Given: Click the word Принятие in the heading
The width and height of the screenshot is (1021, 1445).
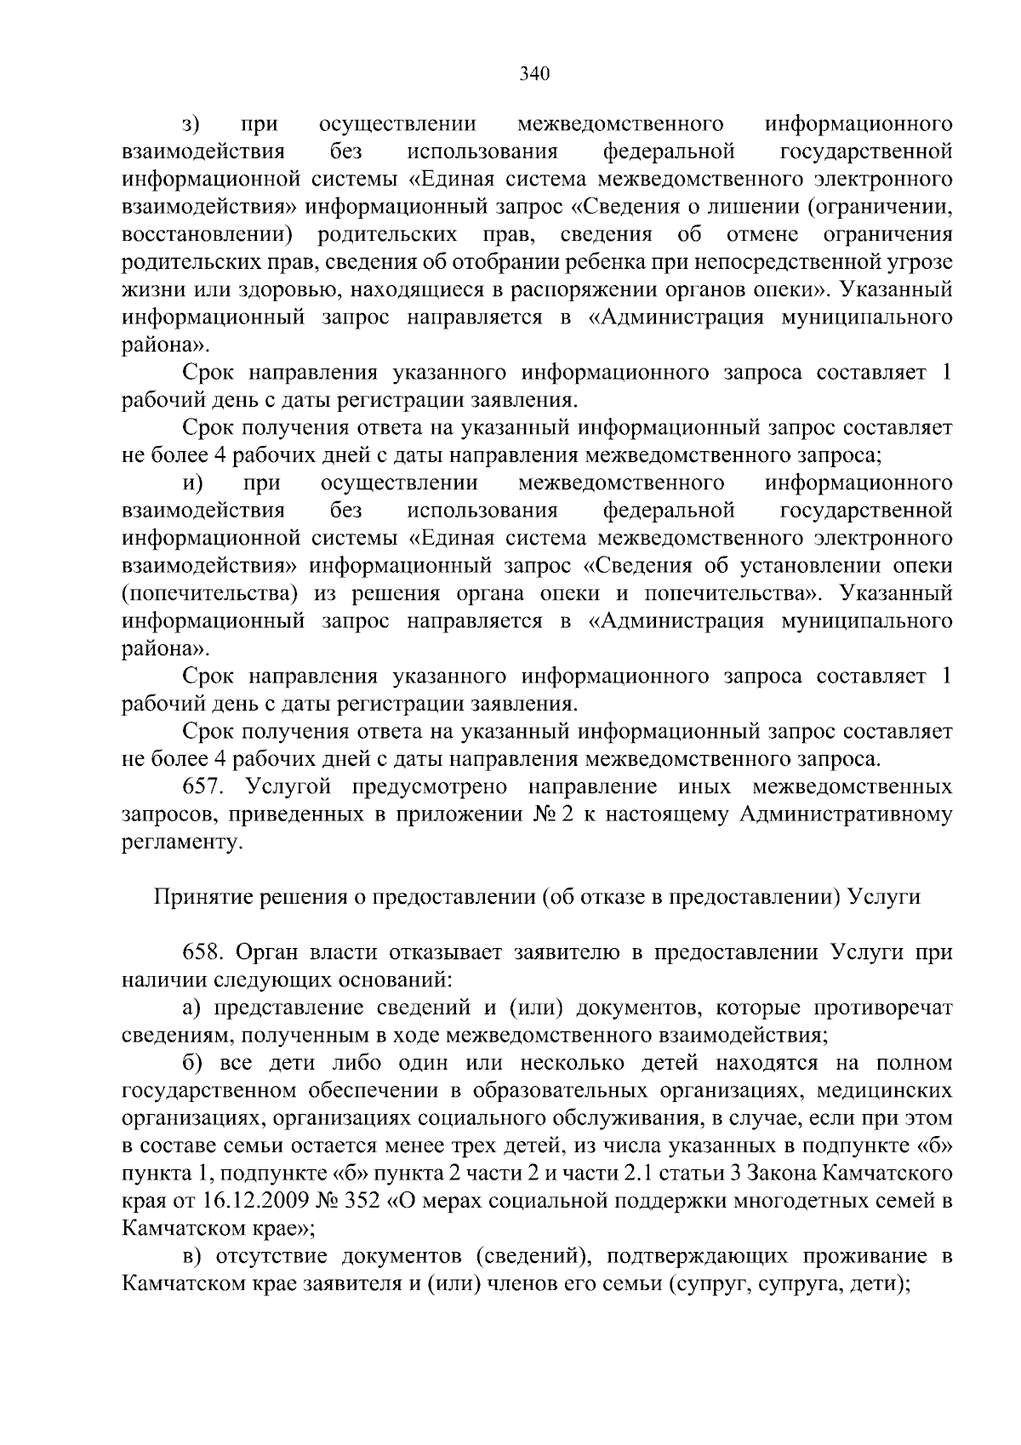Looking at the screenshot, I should coord(192,898).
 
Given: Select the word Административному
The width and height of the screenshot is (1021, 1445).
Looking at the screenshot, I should coord(846,815).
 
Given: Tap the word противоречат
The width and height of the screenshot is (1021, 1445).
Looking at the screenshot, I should coord(882,1008).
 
